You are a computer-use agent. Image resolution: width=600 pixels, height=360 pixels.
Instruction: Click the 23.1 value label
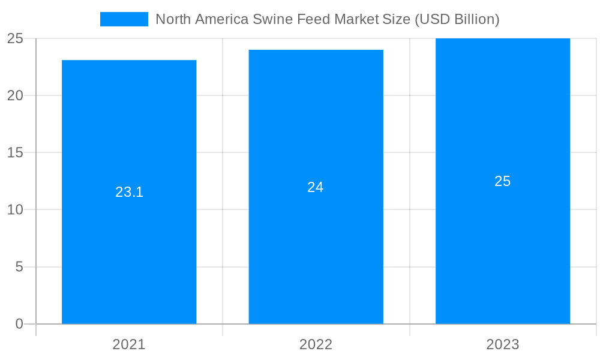coord(129,192)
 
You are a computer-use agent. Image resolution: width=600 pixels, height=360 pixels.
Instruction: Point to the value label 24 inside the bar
coord(316,187)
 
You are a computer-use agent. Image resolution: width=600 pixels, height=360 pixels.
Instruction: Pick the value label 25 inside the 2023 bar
coord(503,181)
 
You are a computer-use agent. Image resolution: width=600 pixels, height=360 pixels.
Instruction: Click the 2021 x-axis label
coord(129,344)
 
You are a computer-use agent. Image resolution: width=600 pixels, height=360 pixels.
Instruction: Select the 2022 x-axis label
coord(316,344)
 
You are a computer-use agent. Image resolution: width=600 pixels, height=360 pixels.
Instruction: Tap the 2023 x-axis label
coord(503,344)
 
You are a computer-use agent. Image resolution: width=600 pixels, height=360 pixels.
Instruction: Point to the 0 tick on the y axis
coord(19,324)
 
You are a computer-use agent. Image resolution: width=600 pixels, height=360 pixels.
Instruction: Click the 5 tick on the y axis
coord(19,267)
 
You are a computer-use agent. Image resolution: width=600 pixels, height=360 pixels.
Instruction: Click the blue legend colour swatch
coord(124,19)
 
